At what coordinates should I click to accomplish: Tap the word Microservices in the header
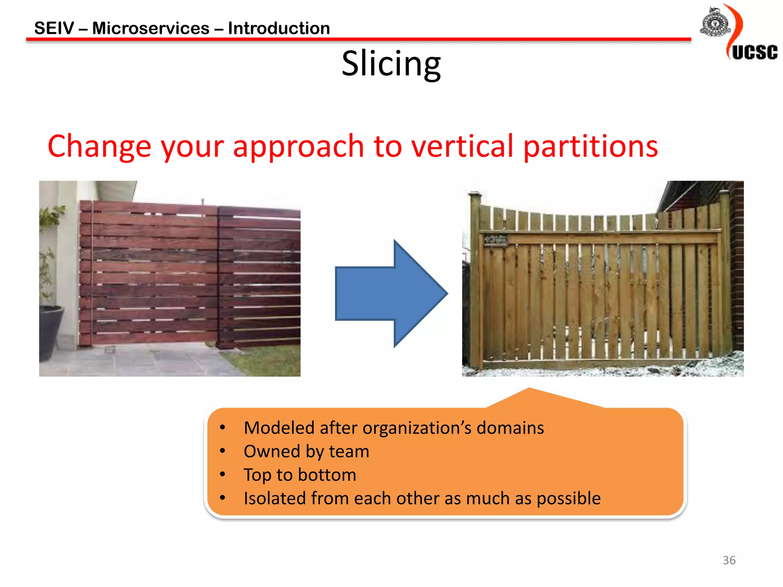click(151, 28)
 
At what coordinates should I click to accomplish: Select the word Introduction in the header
click(279, 28)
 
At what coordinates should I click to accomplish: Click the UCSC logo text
click(754, 52)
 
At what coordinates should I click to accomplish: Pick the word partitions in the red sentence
click(590, 147)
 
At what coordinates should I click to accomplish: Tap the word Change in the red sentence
click(99, 147)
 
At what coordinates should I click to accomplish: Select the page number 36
click(729, 560)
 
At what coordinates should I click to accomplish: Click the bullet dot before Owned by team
click(223, 451)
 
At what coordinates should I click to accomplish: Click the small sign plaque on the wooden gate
click(495, 240)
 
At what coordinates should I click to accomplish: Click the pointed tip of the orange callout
click(529, 389)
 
